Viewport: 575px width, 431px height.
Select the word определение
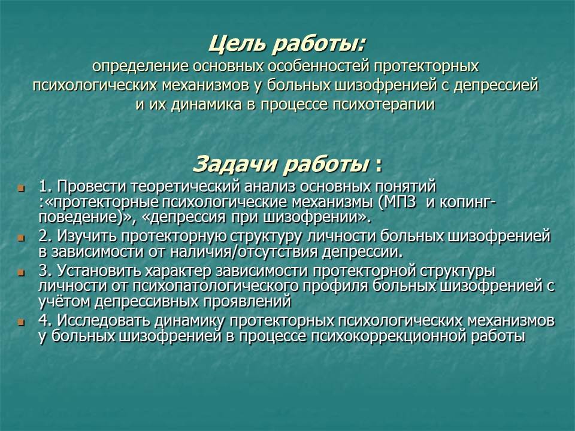[x=140, y=66]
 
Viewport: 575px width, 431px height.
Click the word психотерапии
[x=383, y=105]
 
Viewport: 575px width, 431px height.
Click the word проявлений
[x=247, y=302]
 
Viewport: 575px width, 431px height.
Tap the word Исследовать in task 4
[x=104, y=321]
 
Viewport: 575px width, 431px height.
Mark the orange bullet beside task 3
[x=21, y=273]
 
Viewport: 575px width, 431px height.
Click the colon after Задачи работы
[x=379, y=166]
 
